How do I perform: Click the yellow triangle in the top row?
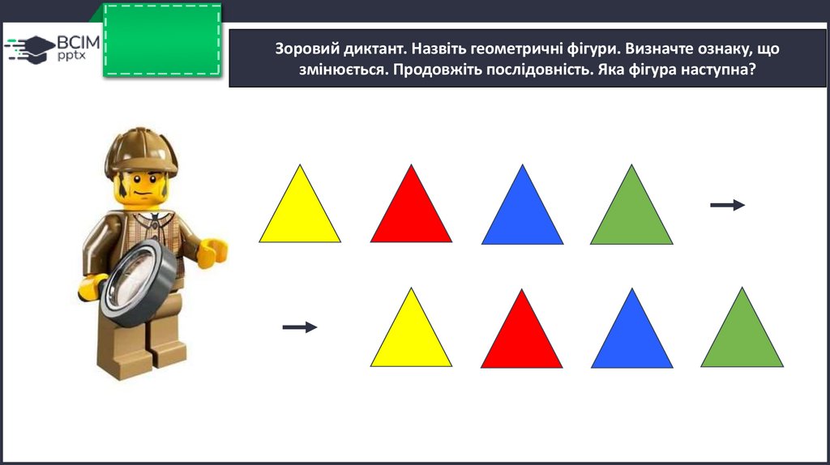tap(300, 214)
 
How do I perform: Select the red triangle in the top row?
tap(411, 214)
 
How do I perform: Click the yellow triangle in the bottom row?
tap(411, 339)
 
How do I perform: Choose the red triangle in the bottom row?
tap(522, 339)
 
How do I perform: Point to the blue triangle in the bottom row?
tap(632, 339)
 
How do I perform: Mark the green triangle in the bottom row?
tap(742, 339)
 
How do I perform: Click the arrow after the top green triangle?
tap(727, 205)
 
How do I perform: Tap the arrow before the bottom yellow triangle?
tap(300, 327)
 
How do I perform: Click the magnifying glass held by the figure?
tap(139, 283)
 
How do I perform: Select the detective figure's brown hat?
tap(141, 152)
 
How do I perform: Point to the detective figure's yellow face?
tap(141, 189)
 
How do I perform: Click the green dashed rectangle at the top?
tap(162, 40)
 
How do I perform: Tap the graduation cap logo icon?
tap(32, 49)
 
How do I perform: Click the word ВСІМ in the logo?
tap(79, 42)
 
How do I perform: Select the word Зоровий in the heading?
tap(307, 49)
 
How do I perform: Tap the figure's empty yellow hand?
tap(213, 252)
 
